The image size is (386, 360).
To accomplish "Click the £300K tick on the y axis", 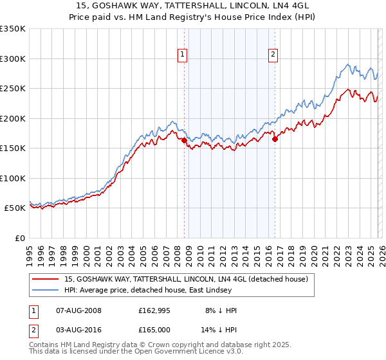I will coord(13,59).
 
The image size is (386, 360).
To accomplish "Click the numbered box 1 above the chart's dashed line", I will coord(183,55).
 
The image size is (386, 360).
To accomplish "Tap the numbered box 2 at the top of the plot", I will coord(273,55).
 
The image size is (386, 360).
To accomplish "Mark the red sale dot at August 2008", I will coord(184,140).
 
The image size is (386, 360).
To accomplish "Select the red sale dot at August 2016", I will coord(275,139).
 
